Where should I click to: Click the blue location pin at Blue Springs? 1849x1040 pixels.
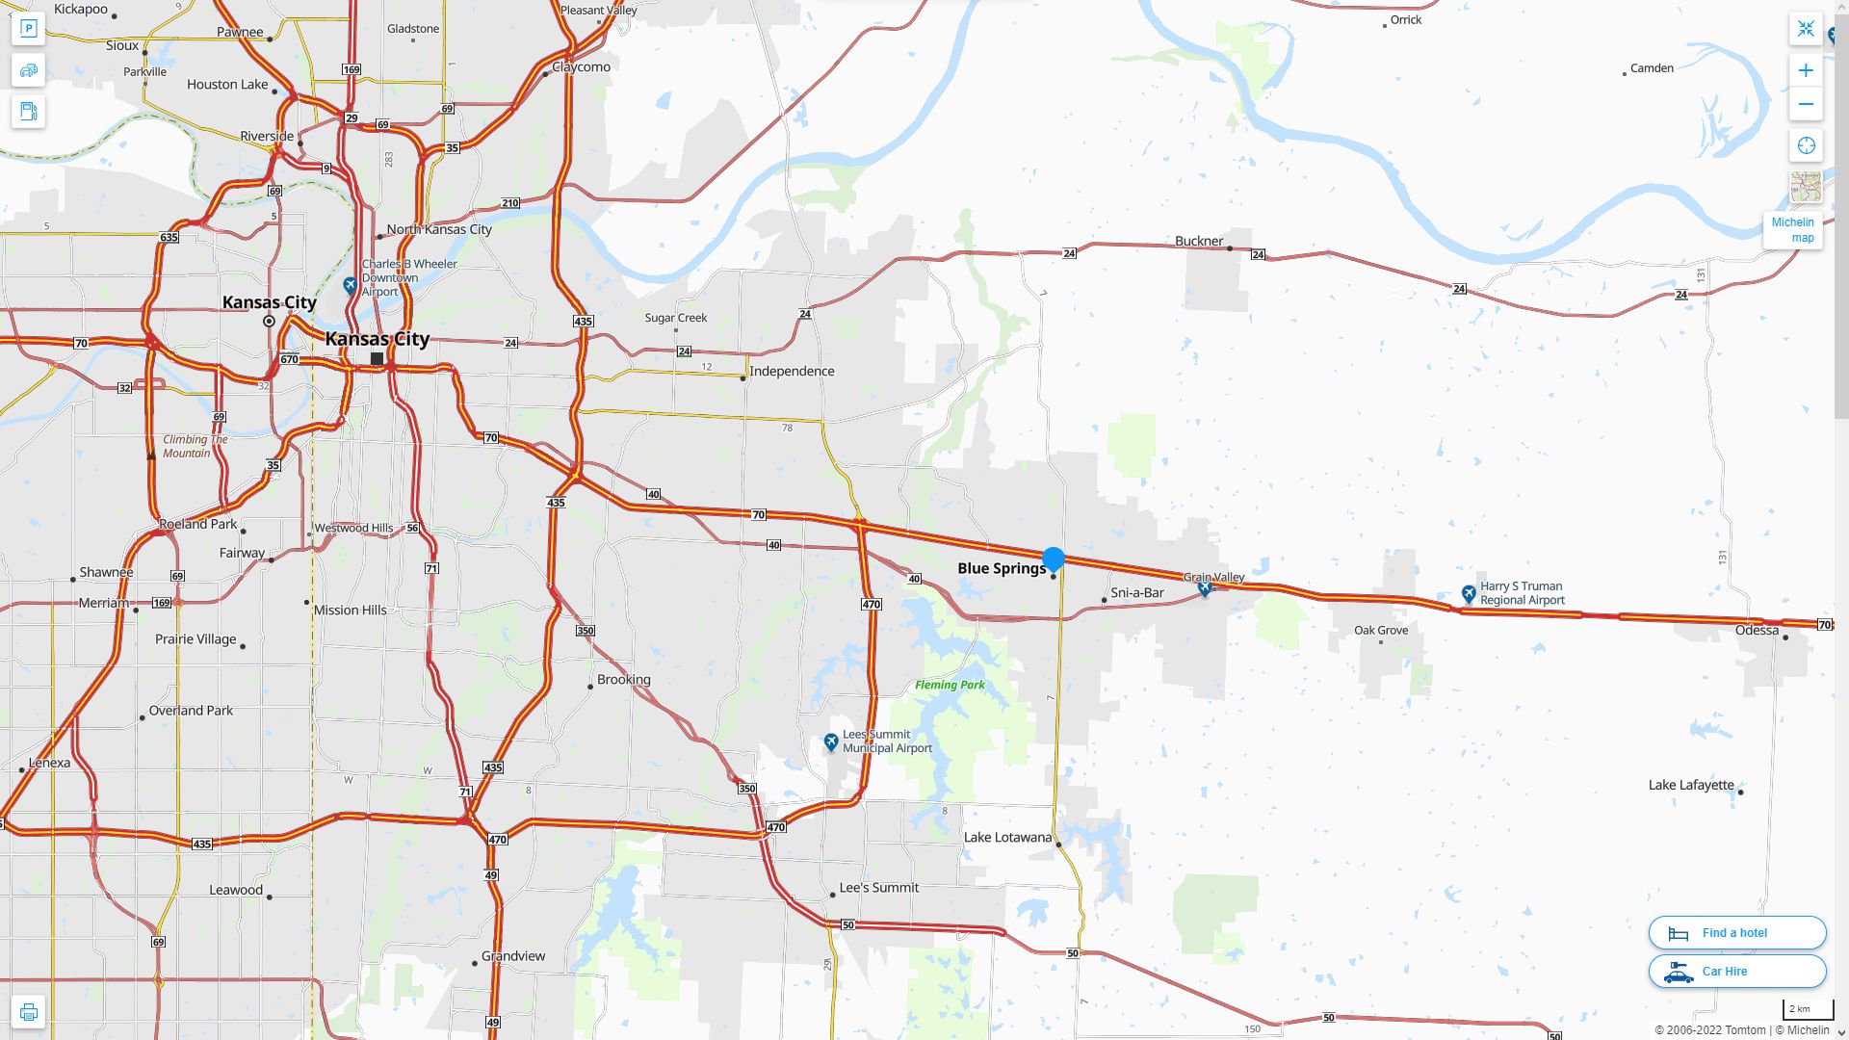1054,559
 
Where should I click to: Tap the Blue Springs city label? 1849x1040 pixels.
1002,568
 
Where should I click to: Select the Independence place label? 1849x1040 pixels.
792,371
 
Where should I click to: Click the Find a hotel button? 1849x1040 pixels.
1736,932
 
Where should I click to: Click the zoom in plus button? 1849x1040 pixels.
1806,70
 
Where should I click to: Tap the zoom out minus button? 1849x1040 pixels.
1806,104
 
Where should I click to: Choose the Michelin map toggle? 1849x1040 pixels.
1792,229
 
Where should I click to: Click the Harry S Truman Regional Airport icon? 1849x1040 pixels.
1469,594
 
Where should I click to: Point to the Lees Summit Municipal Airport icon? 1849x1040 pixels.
831,742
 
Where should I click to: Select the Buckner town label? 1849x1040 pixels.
1199,241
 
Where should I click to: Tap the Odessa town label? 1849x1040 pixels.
1757,630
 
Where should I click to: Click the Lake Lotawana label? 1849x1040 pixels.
1007,837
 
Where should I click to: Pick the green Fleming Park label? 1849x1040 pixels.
950,685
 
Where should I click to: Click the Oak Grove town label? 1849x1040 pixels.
1381,630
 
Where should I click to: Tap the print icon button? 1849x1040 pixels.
28,1012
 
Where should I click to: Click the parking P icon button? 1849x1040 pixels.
28,29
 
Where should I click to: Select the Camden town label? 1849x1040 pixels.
1652,67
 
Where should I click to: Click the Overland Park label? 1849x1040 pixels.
191,711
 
